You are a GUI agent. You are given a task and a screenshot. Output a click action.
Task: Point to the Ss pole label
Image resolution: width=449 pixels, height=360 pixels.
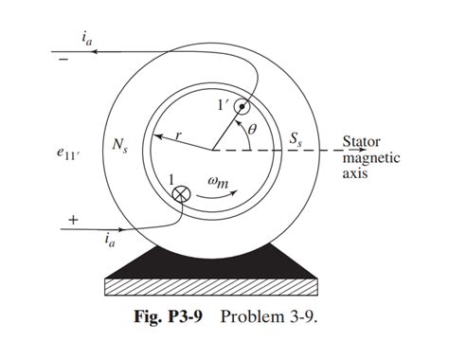[298, 138]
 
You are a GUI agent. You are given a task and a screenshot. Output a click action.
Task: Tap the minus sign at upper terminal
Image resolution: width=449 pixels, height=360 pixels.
[64, 60]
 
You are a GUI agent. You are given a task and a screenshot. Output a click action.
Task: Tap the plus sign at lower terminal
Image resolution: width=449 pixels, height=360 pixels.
[71, 220]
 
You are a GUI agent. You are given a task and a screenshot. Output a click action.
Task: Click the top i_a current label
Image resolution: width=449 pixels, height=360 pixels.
[87, 37]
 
